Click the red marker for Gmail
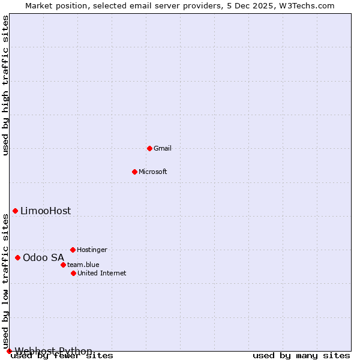pos(149,148)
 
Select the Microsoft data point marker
pos(134,172)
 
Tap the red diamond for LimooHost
pos(15,211)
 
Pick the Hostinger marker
pos(73,250)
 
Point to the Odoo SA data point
pos(17,257)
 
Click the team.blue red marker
pos(63,265)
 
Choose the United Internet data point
pos(73,273)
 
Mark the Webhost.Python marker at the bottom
pos(9,351)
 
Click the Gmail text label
pos(163,148)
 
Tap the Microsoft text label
pos(153,172)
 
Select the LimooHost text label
pos(46,211)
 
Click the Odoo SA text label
pos(43,257)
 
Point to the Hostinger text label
pos(92,250)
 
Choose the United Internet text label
pos(102,273)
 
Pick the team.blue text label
pos(83,265)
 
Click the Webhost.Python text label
pos(54,351)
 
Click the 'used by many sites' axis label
pos(301,355)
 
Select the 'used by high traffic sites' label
pos(5,85)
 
